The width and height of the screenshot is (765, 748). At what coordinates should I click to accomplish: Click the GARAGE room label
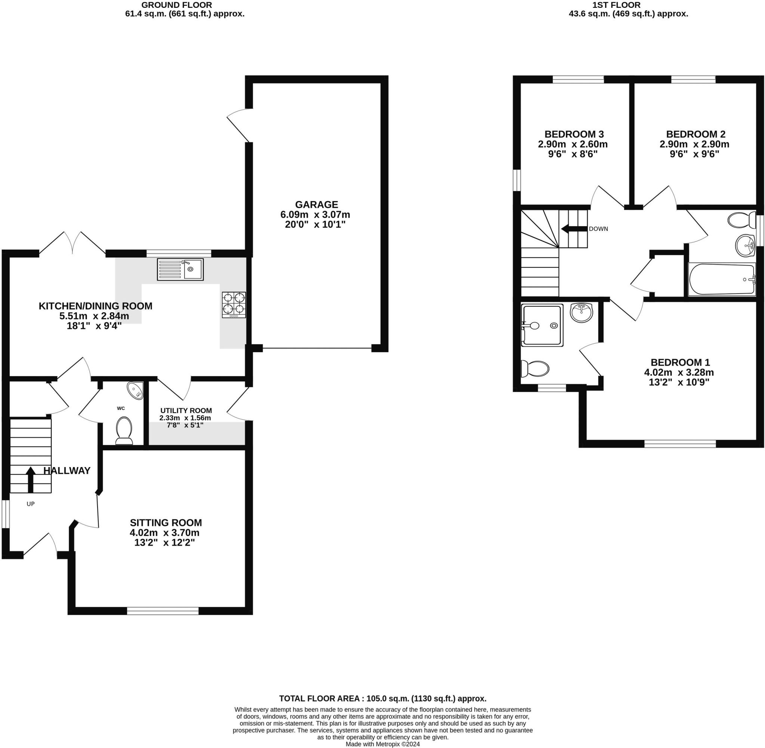(316, 205)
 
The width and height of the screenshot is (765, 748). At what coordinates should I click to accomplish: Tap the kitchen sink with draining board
(180, 269)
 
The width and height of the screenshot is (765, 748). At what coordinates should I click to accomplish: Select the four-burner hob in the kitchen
(234, 305)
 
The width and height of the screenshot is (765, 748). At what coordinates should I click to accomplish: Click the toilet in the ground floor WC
(124, 431)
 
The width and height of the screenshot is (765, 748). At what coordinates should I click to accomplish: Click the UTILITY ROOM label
(186, 410)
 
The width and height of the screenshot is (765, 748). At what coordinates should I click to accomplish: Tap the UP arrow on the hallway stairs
(30, 480)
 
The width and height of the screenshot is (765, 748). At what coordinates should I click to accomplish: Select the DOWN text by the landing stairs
(598, 229)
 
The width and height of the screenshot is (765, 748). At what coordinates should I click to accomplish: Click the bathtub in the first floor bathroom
(722, 279)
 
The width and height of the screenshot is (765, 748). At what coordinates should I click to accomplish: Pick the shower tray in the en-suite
(542, 325)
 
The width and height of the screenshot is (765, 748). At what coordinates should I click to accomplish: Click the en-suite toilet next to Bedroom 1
(535, 369)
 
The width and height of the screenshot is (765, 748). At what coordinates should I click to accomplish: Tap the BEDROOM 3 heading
(574, 134)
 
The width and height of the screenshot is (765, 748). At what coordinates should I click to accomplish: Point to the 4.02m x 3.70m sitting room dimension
(164, 533)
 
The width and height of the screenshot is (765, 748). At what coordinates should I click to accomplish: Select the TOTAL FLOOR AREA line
(383, 698)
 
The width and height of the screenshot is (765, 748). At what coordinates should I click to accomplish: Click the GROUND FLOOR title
(177, 5)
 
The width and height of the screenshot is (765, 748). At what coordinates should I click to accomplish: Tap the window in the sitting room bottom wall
(163, 610)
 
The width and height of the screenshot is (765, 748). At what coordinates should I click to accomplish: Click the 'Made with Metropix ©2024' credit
(383, 744)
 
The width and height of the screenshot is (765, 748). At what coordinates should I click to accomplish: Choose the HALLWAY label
(67, 471)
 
